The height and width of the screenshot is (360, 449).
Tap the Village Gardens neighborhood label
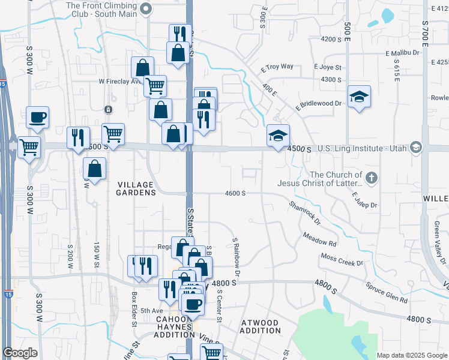pyautogui.click(x=136, y=188)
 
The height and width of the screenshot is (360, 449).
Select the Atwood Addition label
pyautogui.click(x=260, y=327)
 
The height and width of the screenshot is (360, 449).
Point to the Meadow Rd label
pyautogui.click(x=319, y=240)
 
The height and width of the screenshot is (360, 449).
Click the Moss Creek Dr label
pyautogui.click(x=342, y=260)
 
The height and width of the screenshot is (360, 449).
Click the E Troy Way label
pyautogui.click(x=277, y=68)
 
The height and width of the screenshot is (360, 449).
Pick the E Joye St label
pyautogui.click(x=327, y=68)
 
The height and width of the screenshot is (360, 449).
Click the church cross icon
pyautogui.click(x=372, y=178)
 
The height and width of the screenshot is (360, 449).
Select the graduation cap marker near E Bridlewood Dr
pyautogui.click(x=359, y=96)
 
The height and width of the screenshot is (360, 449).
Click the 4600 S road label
pyautogui.click(x=235, y=193)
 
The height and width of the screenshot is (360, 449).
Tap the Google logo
pyautogui.click(x=20, y=353)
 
